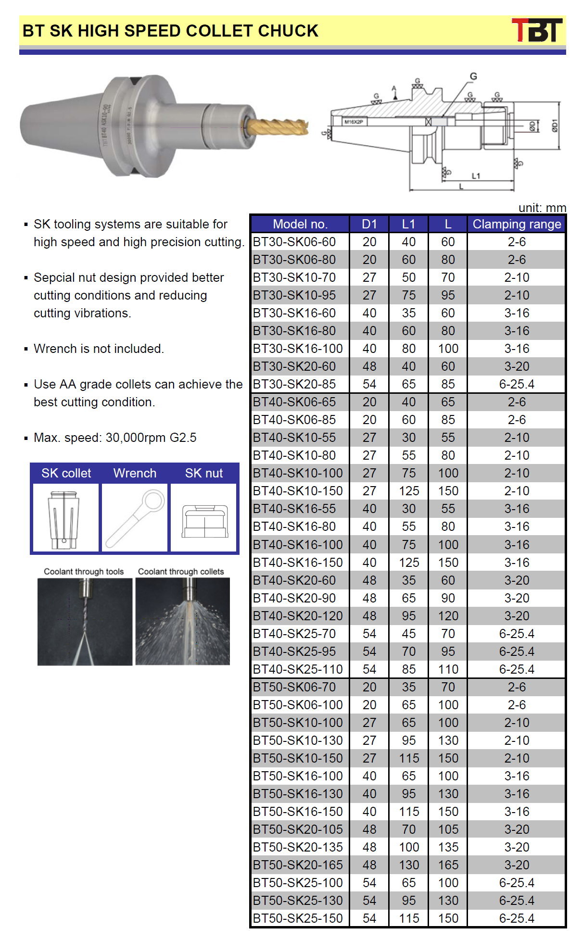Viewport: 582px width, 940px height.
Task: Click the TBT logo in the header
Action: tap(537, 30)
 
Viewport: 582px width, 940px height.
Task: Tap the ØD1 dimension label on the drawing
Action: tap(555, 125)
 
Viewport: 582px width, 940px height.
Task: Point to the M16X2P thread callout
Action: tap(354, 122)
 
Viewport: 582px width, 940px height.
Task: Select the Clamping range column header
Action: tap(517, 224)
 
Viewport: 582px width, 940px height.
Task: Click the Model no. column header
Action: tap(300, 224)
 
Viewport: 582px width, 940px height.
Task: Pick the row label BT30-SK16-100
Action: tap(298, 349)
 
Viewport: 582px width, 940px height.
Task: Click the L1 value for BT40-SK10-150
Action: tap(408, 491)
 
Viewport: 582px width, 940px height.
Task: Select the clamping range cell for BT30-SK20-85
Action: tap(517, 384)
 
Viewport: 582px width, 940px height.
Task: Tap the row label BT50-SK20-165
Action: tap(298, 865)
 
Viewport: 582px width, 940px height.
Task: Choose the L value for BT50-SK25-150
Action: tap(448, 918)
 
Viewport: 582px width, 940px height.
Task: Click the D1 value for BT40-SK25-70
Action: tap(369, 634)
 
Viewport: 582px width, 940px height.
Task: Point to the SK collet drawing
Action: tap(64, 518)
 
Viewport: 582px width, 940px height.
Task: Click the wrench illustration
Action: tap(135, 518)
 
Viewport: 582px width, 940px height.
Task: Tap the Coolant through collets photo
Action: tap(183, 621)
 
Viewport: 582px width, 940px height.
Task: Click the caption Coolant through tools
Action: tap(84, 572)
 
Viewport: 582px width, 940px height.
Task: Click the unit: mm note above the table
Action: tap(542, 208)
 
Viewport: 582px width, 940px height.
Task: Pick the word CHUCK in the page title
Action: tap(288, 31)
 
